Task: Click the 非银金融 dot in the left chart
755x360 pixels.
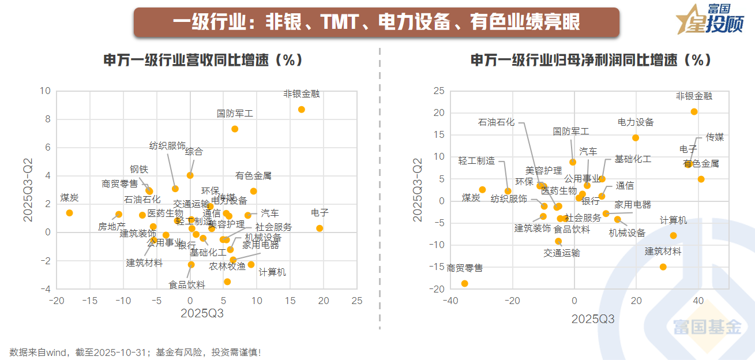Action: coord(301,110)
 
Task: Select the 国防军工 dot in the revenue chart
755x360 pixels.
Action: coord(235,129)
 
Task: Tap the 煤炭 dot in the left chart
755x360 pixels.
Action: coord(69,213)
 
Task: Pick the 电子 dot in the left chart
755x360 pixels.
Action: coord(320,228)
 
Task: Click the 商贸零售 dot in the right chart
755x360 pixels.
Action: coord(464,283)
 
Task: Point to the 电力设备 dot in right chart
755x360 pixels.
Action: coord(636,138)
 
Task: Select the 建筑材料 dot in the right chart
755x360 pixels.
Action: coord(663,267)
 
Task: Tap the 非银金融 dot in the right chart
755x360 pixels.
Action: coord(694,112)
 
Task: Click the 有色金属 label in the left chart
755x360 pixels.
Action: coord(253,175)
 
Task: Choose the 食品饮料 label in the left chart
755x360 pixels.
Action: coord(187,284)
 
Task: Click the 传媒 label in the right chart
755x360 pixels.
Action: coord(715,137)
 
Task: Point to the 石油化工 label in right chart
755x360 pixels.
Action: coord(496,122)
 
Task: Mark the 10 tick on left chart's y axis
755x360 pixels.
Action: coord(45,91)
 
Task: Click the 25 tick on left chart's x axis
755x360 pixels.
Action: coord(357,301)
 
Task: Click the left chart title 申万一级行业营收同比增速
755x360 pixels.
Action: coord(203,60)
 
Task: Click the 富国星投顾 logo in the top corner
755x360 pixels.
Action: coord(710,20)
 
